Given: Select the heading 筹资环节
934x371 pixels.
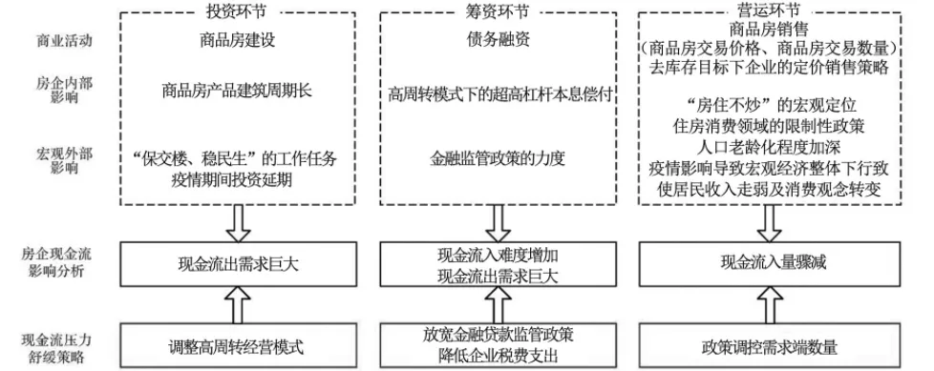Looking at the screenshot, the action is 499,11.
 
